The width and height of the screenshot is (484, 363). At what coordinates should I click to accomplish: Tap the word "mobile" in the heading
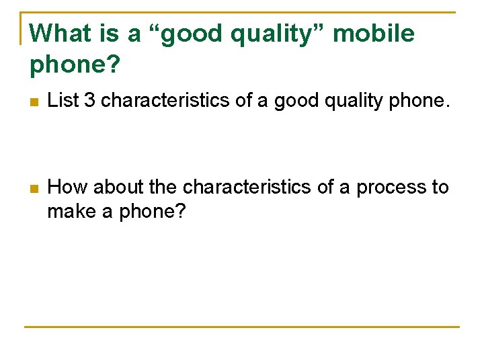point(374,33)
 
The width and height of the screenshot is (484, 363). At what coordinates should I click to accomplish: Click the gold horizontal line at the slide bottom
point(242,327)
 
